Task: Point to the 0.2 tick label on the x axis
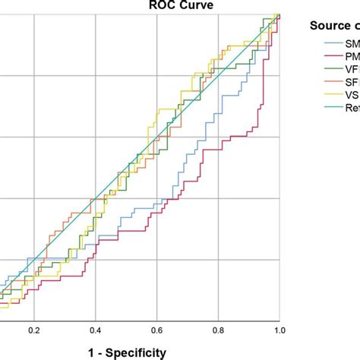click(34, 331)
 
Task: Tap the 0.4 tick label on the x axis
click(95, 331)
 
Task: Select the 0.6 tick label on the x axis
click(156, 331)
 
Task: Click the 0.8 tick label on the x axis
click(218, 331)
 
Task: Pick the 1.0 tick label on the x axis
click(279, 331)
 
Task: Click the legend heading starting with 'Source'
click(334, 26)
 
